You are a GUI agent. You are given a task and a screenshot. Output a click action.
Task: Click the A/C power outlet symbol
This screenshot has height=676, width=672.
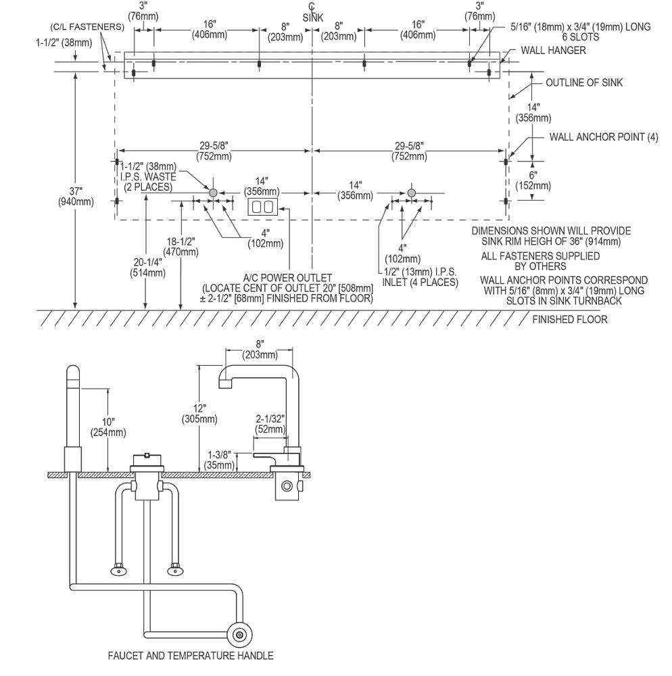[x=262, y=207]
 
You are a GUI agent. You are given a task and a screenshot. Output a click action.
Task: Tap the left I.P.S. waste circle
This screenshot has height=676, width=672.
[x=213, y=192]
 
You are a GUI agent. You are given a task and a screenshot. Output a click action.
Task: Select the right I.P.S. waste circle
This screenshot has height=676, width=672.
[x=411, y=192]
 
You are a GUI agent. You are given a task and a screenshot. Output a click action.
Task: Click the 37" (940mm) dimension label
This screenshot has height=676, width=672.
[x=76, y=196]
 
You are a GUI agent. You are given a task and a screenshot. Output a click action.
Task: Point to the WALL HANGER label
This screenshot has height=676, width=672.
[x=554, y=51]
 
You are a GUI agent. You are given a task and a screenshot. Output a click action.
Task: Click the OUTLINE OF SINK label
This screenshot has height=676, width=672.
[x=584, y=82]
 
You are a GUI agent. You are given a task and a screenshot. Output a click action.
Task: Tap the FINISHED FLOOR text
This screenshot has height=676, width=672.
[x=570, y=320]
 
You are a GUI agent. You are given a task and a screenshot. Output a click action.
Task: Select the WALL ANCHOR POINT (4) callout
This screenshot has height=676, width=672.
[x=604, y=137]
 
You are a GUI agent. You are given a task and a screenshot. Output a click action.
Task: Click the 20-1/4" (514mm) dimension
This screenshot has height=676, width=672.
[x=147, y=267]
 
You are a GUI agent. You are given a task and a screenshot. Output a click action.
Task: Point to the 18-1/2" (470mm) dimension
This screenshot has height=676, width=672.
[x=181, y=247]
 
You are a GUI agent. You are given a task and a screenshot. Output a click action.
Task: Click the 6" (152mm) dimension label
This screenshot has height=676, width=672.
[x=533, y=180]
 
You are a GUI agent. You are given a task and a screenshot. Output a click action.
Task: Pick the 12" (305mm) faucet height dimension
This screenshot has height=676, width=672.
[x=199, y=414]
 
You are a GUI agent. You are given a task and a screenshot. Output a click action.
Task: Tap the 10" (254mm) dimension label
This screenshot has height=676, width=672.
[x=108, y=427]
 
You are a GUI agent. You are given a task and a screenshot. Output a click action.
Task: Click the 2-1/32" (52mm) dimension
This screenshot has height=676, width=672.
[x=270, y=424]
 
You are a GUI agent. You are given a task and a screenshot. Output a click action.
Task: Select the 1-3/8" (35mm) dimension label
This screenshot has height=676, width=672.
[x=220, y=460]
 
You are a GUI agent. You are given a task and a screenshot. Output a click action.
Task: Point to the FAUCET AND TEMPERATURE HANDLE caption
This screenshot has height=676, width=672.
[x=191, y=656]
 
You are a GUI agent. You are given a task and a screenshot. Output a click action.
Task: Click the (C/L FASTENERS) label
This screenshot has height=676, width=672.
[x=87, y=27]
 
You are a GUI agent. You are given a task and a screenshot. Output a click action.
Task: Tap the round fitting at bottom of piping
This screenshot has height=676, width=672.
[x=239, y=635]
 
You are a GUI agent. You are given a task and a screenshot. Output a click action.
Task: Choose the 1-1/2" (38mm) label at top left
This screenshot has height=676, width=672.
[x=64, y=43]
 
